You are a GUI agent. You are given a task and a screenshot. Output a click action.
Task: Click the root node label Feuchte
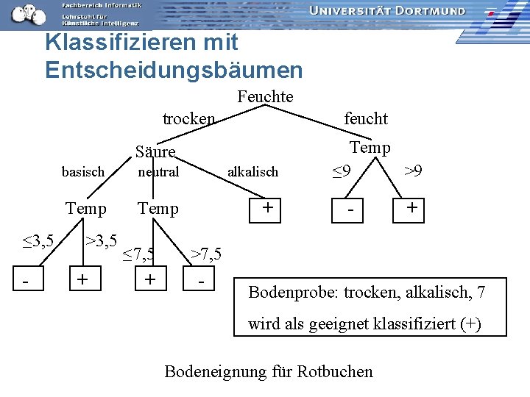265,96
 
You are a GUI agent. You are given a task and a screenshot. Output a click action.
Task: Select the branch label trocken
189,118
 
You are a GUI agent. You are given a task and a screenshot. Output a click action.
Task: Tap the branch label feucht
366,118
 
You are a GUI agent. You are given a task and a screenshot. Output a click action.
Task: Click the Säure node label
155,152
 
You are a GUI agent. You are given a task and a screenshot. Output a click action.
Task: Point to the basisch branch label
83,172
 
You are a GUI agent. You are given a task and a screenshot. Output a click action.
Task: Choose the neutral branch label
158,172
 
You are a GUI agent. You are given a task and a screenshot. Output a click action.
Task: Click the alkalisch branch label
252,172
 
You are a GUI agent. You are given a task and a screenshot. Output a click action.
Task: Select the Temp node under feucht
370,148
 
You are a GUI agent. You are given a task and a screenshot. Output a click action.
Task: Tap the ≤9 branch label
340,172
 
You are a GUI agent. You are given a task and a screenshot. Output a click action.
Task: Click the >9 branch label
413,171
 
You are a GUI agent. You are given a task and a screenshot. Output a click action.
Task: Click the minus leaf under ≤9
352,210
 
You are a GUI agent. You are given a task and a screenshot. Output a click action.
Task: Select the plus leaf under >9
412,208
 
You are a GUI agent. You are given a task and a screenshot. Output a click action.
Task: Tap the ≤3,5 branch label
37,240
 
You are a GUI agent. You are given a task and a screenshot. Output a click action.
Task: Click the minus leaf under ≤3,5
26,282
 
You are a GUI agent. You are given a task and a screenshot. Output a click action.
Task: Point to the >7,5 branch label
206,254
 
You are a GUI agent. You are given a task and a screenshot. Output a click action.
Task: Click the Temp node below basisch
85,209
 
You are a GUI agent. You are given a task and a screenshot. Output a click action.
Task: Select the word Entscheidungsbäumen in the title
174,70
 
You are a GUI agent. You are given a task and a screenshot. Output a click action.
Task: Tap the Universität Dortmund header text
387,11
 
